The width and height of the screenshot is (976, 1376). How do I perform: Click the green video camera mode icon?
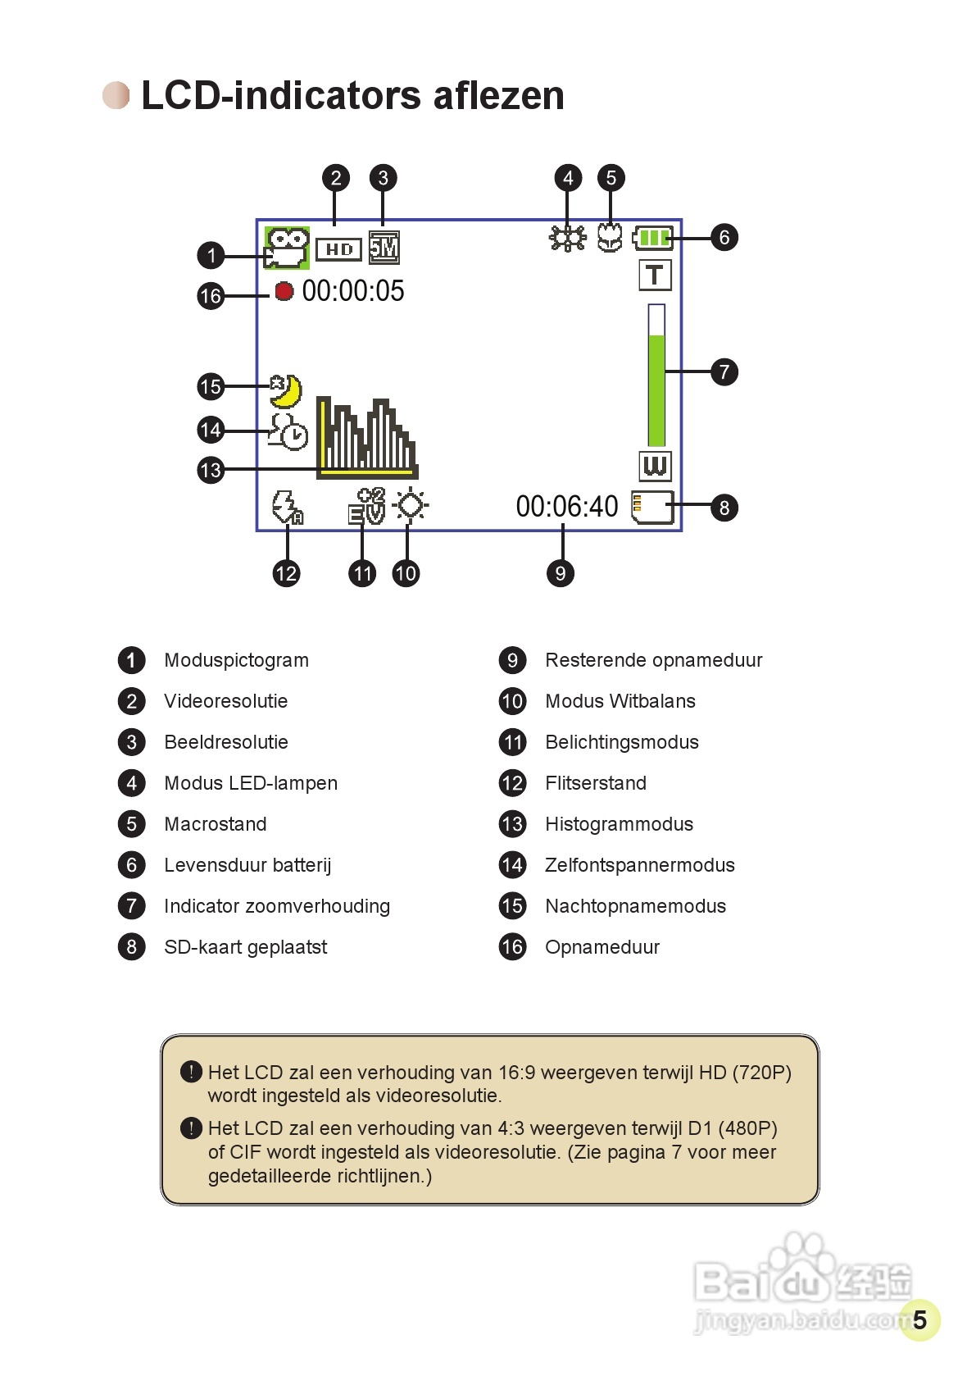286,248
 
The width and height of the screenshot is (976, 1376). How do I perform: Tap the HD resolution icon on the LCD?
338,249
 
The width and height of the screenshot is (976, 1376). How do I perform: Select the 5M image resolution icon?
384,248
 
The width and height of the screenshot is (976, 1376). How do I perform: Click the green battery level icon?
653,239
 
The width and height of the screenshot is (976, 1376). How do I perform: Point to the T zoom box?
655,276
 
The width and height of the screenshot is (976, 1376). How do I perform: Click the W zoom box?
655,466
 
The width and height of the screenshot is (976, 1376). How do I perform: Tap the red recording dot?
284,291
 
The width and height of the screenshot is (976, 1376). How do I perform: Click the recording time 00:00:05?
353,291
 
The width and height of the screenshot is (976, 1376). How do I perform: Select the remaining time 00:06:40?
567,507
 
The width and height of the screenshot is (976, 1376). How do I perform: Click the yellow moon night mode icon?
286,391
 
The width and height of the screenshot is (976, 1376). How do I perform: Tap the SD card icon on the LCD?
652,507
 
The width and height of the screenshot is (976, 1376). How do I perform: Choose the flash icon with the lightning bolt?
287,508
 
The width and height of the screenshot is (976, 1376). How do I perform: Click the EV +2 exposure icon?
366,506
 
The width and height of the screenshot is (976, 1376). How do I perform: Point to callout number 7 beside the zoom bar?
724,372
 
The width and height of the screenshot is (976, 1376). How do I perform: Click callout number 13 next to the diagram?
211,470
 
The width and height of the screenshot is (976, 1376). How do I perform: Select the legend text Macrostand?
216,824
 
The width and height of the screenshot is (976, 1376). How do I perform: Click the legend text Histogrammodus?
619,824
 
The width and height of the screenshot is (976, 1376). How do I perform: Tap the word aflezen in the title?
498,96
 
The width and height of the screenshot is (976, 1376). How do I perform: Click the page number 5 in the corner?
919,1319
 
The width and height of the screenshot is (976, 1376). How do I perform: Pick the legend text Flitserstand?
596,783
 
